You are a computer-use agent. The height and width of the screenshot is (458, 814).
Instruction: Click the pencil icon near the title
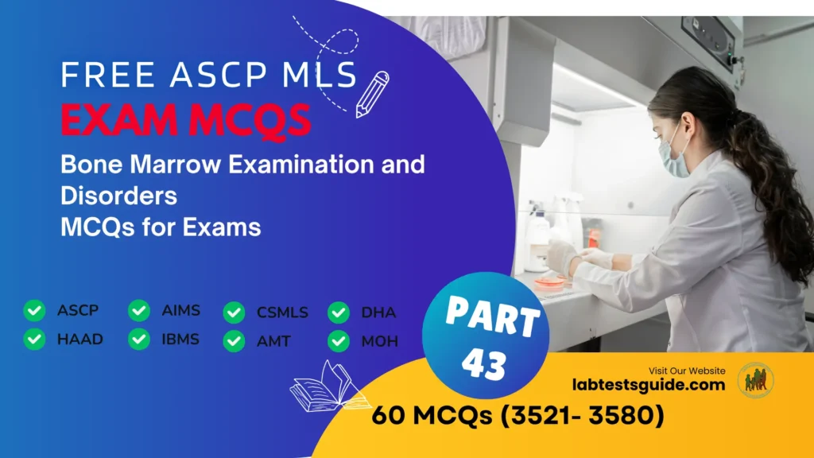[372, 94]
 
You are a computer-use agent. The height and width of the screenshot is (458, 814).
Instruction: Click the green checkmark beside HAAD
[34, 340]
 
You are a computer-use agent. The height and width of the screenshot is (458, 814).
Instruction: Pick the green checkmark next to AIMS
[139, 310]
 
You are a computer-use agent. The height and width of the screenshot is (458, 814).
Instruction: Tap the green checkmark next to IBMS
[139, 340]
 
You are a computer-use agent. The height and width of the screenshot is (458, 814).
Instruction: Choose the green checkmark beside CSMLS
[234, 312]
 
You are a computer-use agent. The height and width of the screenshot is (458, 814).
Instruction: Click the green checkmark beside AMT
[234, 340]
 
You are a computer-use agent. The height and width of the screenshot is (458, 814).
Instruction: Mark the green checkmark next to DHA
[339, 312]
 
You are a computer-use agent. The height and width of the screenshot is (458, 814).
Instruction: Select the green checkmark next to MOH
[339, 340]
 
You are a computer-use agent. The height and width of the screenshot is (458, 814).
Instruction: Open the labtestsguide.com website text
[649, 385]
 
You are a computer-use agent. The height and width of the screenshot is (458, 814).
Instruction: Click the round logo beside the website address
[755, 380]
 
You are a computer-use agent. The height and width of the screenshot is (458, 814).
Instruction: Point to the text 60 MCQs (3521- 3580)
[517, 417]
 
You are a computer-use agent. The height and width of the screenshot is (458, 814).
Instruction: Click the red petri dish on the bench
[549, 281]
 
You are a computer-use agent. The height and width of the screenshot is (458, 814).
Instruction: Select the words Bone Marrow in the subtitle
[125, 165]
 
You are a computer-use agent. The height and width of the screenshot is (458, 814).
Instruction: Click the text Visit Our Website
[687, 371]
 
